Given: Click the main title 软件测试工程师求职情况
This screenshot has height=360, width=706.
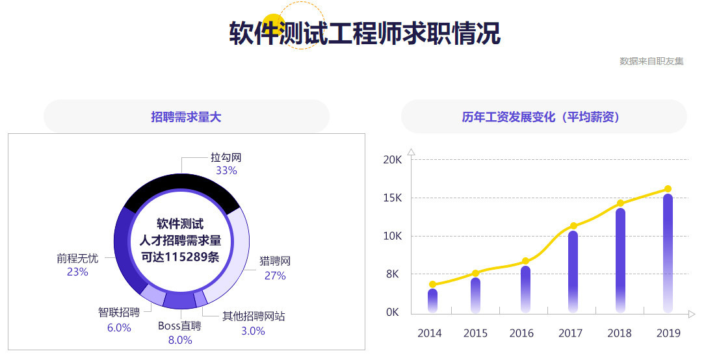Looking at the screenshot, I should (365, 33).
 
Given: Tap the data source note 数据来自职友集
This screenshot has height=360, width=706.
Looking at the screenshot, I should (651, 61).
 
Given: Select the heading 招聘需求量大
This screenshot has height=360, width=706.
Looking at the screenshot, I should (186, 117).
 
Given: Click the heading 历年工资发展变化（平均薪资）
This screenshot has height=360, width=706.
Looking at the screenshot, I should (543, 117).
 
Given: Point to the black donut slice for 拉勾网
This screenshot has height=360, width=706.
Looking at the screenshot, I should (182, 188).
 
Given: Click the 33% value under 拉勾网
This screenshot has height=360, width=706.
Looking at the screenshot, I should (226, 171).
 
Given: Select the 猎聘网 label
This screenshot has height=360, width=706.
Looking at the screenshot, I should (274, 261).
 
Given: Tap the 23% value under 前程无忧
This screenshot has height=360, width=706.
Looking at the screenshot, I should (77, 272).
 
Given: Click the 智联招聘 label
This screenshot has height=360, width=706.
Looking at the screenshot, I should (119, 313).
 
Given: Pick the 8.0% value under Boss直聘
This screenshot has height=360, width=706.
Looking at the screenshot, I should (180, 340).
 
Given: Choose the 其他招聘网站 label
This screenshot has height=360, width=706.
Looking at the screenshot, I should (254, 316).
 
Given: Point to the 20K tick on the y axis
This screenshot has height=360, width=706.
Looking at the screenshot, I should (393, 160).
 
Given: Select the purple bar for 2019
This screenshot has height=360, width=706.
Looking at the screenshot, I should (668, 253).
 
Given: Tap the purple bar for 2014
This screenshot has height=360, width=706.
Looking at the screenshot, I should (432, 300).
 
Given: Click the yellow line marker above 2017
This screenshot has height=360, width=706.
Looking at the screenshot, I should (573, 226).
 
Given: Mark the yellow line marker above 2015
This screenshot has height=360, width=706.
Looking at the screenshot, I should (475, 273).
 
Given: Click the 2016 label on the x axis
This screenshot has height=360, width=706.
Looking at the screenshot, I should (521, 333).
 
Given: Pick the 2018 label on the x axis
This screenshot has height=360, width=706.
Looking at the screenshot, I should (620, 333).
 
